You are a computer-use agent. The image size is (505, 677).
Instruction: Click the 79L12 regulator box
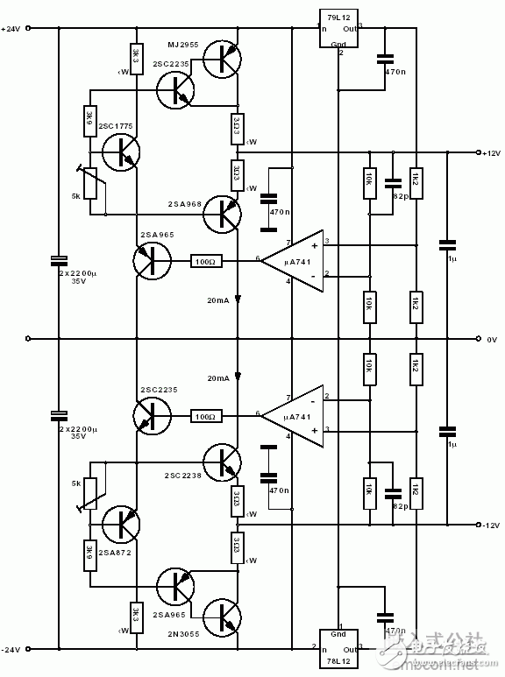point(338,30)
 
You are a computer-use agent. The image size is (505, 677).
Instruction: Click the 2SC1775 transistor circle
point(120,151)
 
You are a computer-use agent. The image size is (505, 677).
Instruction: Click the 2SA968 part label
point(181,203)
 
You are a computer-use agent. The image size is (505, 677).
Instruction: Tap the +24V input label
point(11,28)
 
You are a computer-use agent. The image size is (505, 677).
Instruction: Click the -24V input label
point(11,649)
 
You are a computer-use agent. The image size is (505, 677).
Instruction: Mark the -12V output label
point(490,525)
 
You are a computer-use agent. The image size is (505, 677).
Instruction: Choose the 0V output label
point(491,338)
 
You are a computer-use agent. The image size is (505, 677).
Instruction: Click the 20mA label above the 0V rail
point(219,300)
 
